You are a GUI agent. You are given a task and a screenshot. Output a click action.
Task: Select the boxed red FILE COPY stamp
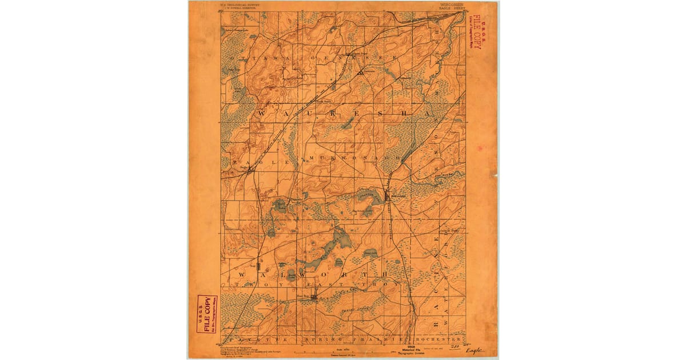pyautogui.click(x=207, y=314)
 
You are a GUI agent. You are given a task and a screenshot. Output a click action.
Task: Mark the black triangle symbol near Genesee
pyautogui.click(x=360, y=73)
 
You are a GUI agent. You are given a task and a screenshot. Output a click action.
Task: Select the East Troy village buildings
pyautogui.click(x=313, y=297)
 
